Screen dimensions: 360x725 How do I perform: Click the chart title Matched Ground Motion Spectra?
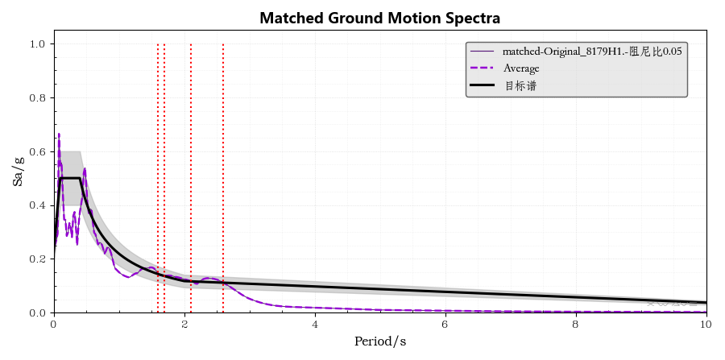pyautogui.click(x=379, y=18)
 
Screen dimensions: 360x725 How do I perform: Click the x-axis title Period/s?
pyautogui.click(x=379, y=341)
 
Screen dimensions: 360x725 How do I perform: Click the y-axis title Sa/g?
pyautogui.click(x=18, y=172)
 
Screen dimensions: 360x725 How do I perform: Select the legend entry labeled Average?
pyautogui.click(x=521, y=68)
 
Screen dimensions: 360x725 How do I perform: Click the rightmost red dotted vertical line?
pyautogui.click(x=223, y=161)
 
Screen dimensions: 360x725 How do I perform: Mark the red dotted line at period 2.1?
pyautogui.click(x=191, y=161)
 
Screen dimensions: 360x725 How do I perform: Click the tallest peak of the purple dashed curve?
pyautogui.click(x=59, y=134)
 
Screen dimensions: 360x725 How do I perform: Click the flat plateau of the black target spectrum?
pyautogui.click(x=70, y=178)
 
